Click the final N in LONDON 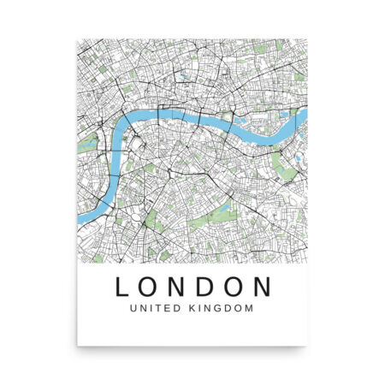pyautogui.click(x=266, y=285)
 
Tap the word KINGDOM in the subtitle pyautogui.click(x=225, y=309)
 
